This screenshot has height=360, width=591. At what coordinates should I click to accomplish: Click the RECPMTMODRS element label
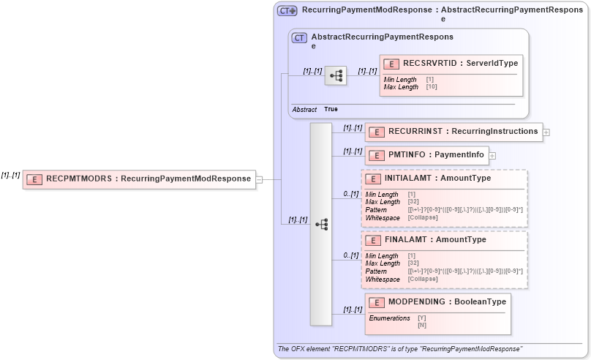pyautogui.click(x=148, y=178)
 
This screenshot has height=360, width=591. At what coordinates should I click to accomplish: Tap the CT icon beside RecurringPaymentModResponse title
pyautogui.click(x=287, y=11)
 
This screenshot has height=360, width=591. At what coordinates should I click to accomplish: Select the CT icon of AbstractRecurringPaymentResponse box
pyautogui.click(x=299, y=38)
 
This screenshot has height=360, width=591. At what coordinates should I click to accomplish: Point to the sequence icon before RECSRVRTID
pyautogui.click(x=336, y=75)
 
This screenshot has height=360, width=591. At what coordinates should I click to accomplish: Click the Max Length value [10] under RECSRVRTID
pyautogui.click(x=431, y=87)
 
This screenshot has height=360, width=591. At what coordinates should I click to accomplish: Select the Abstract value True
pyautogui.click(x=331, y=109)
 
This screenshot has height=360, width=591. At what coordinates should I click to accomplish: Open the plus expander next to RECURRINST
pyautogui.click(x=546, y=132)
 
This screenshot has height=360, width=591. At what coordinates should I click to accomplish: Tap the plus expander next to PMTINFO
pyautogui.click(x=492, y=155)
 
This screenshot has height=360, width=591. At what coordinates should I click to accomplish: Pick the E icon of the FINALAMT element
pyautogui.click(x=372, y=240)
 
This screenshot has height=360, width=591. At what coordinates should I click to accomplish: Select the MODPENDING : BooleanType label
pyautogui.click(x=447, y=301)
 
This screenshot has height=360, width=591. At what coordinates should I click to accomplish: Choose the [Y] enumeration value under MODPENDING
pyautogui.click(x=422, y=318)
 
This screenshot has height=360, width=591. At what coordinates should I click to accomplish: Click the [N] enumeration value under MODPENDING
pyautogui.click(x=422, y=325)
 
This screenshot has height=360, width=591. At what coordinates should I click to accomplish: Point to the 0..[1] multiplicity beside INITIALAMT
pyautogui.click(x=351, y=194)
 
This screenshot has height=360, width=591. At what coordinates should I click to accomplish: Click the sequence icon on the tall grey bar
pyautogui.click(x=321, y=225)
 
